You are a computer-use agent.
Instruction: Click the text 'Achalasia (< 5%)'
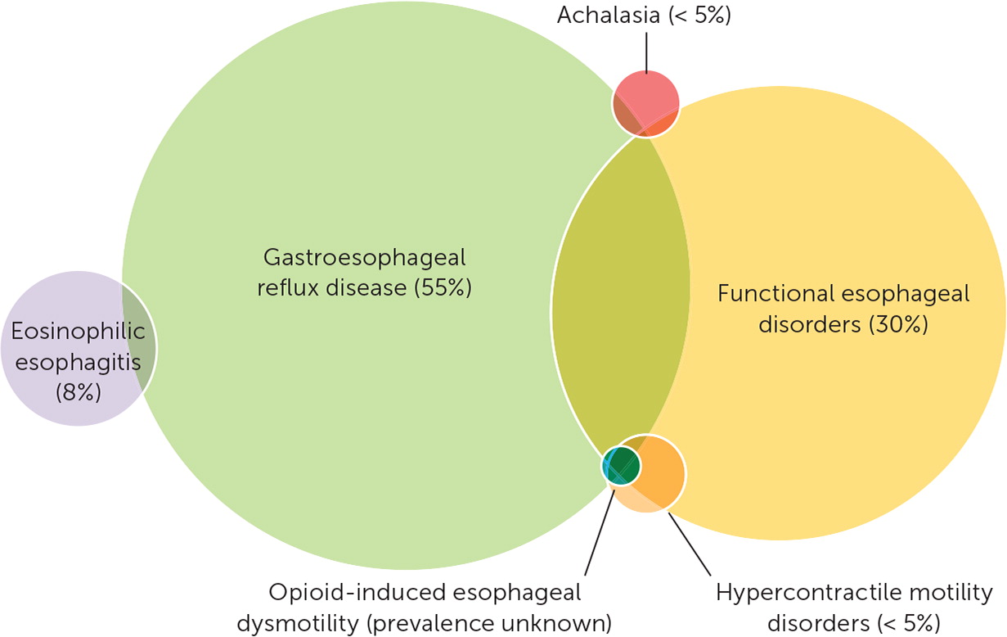pyautogui.click(x=644, y=15)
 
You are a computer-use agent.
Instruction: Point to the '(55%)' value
pyautogui.click(x=443, y=289)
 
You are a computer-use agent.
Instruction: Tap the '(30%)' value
pyautogui.click(x=897, y=324)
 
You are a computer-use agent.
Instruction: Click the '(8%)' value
pyautogui.click(x=78, y=392)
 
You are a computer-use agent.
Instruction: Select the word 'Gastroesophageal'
pyautogui.click(x=364, y=258)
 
